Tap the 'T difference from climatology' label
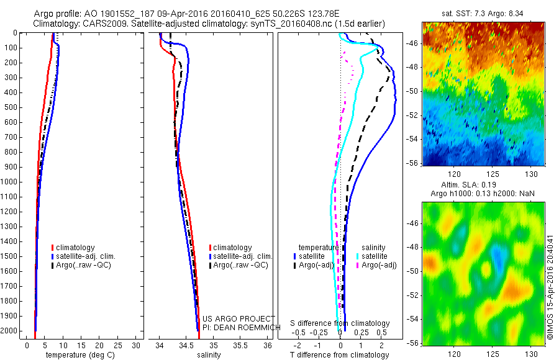pos(340,355)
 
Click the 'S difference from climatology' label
pos(340,323)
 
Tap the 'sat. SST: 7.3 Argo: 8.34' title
pos(482,13)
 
